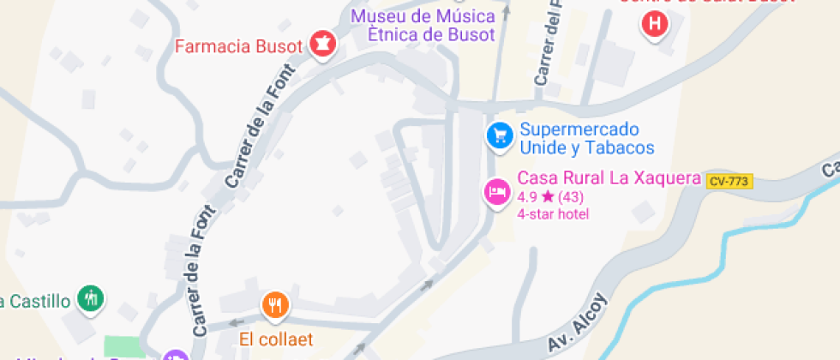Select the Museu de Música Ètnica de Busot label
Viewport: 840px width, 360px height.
pyautogui.click(x=423, y=26)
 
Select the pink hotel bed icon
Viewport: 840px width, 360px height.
pyautogui.click(x=496, y=191)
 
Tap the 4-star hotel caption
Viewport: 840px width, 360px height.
pyautogui.click(x=553, y=213)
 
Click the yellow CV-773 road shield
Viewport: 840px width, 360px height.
pyautogui.click(x=729, y=181)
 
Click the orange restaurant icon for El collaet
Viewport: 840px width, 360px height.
pyautogui.click(x=274, y=304)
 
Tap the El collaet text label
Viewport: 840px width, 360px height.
pyautogui.click(x=276, y=339)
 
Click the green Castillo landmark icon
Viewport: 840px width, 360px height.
pyautogui.click(x=90, y=299)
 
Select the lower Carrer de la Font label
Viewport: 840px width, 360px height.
pyautogui.click(x=200, y=275)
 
